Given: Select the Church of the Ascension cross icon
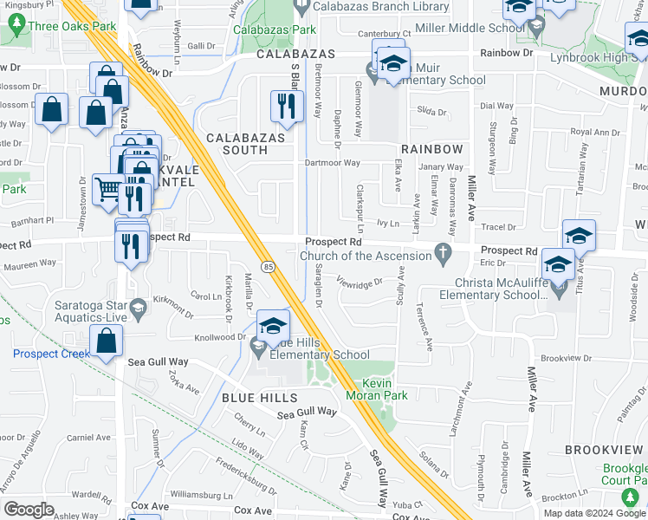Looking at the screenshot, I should (x=444, y=255).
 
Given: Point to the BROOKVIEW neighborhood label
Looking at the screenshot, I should (x=603, y=450).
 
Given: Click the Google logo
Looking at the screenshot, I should (x=29, y=509).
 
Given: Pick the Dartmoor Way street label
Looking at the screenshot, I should (x=332, y=162).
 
